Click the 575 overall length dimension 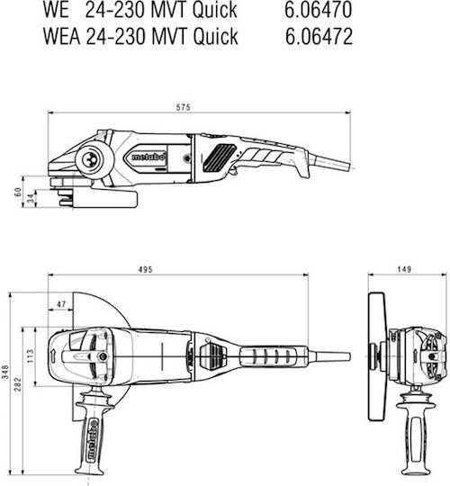(184, 108)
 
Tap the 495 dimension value (146, 270)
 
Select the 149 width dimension (404, 269)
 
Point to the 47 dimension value (61, 304)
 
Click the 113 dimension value (31, 356)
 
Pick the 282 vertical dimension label (18, 384)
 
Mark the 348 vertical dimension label (6, 372)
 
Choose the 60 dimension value (18, 192)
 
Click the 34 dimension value (31, 199)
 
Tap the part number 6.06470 (319, 10)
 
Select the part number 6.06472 (319, 36)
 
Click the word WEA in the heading (62, 36)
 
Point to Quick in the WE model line (215, 10)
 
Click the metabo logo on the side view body (148, 157)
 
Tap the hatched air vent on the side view (220, 157)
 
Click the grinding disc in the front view (377, 356)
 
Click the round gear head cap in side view (92, 159)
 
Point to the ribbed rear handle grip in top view (274, 356)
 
